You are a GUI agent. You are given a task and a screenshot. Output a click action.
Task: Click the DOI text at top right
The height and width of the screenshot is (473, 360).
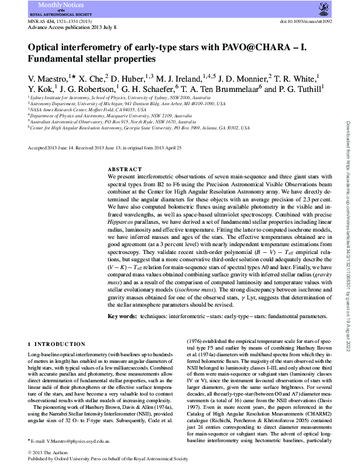pos(306,20)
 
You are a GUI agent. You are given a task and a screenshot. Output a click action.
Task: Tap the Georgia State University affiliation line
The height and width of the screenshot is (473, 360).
pos(140,128)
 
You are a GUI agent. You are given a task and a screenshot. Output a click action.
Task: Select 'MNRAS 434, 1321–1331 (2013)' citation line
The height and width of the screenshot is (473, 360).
pos(61,20)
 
